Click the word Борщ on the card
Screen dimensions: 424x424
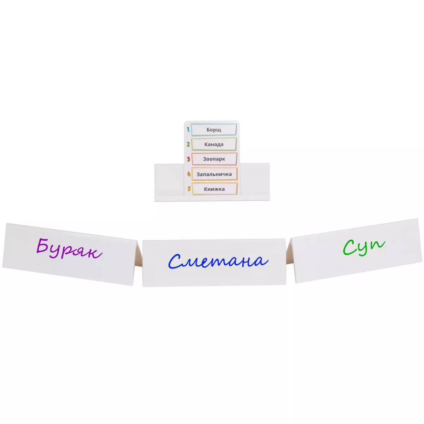click(x=213, y=130)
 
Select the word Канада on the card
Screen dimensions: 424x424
click(x=214, y=145)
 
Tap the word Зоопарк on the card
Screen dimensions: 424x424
click(x=214, y=159)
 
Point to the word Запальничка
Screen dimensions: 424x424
click(x=214, y=174)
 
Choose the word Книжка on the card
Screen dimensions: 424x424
click(x=214, y=189)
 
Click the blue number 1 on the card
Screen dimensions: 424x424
click(x=188, y=129)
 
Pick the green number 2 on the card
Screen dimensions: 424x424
click(x=188, y=145)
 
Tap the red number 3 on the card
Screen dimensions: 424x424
click(x=188, y=159)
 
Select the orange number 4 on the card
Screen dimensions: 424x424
click(x=189, y=174)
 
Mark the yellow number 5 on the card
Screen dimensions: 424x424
click(x=189, y=189)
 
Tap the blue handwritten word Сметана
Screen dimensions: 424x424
click(x=218, y=261)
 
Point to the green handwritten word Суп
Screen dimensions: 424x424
click(x=364, y=247)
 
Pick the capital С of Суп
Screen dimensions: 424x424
click(x=350, y=248)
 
